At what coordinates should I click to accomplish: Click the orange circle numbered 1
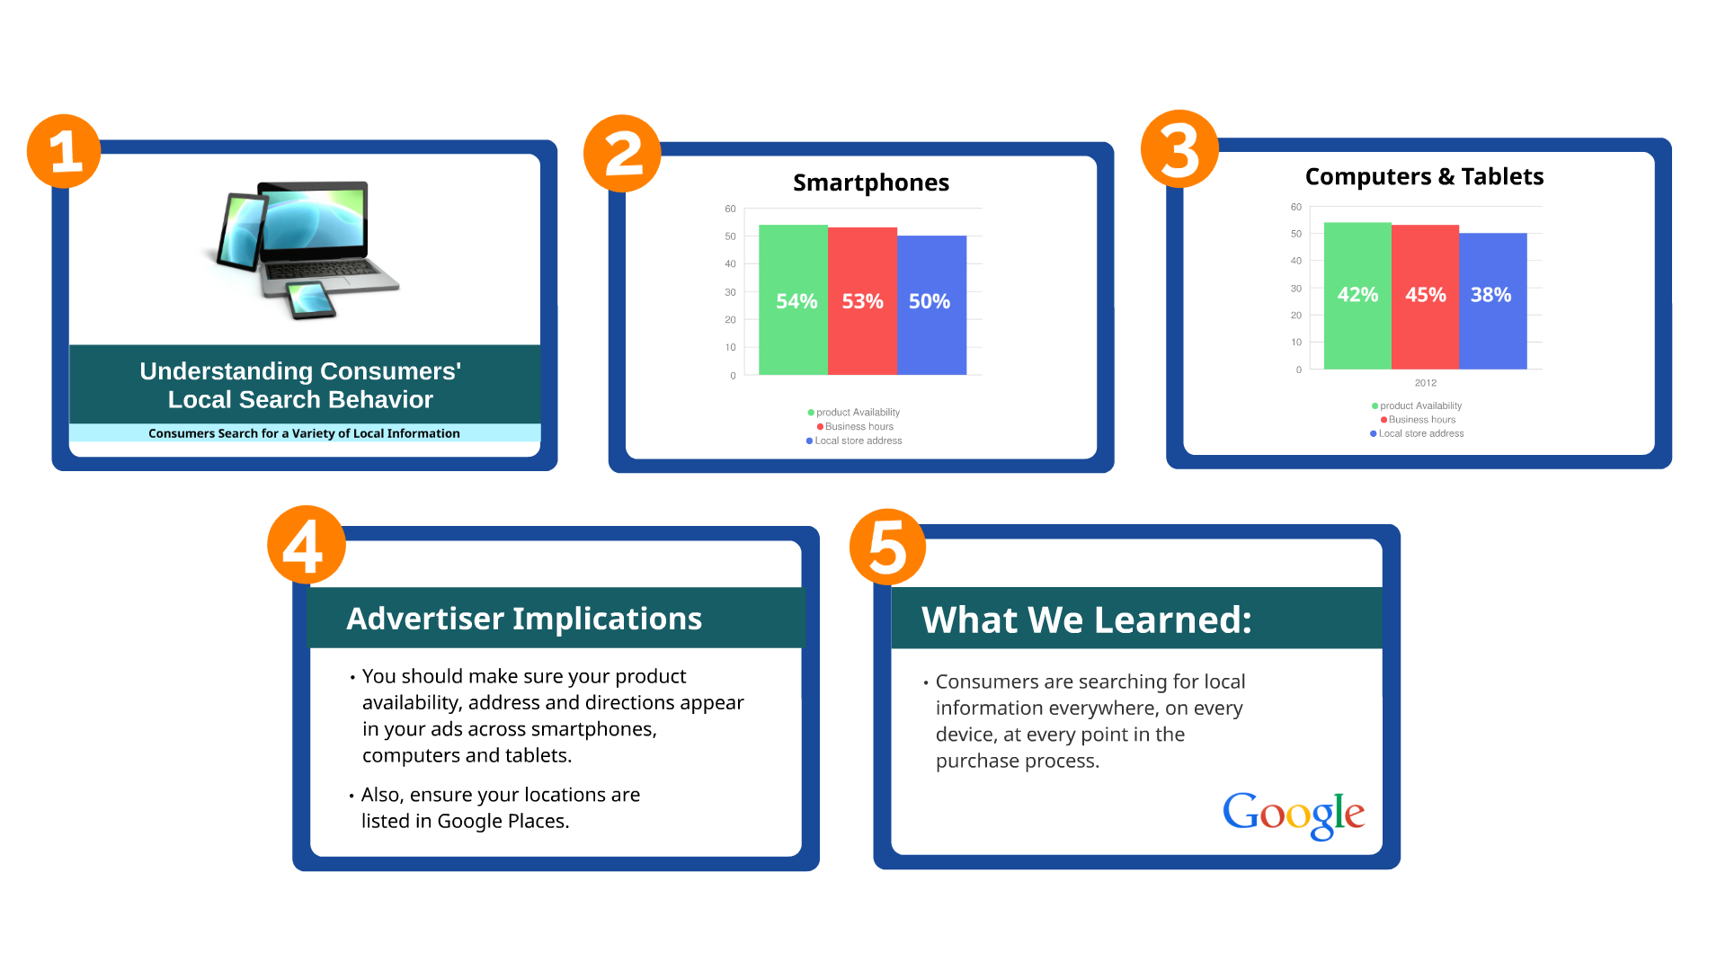pos(64,151)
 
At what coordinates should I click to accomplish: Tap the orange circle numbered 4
pos(307,545)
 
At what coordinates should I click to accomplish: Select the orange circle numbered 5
pos(888,547)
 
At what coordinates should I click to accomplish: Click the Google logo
pos(1294,815)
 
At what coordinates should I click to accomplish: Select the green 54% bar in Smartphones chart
pos(793,299)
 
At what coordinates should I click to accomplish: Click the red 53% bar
pos(862,301)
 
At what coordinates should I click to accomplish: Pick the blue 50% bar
pos(931,305)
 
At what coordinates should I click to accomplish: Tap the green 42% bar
pos(1357,296)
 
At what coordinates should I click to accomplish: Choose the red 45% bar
pos(1425,297)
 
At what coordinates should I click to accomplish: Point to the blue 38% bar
pos(1493,301)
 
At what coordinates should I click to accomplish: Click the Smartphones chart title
pos(871,183)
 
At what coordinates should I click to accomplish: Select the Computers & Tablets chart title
pos(1424,176)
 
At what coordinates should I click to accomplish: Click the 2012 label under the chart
pos(1426,383)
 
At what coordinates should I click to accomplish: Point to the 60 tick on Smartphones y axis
pos(730,209)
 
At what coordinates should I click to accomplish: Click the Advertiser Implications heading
pos(524,619)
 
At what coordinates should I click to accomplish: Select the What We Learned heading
pos(1087,619)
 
